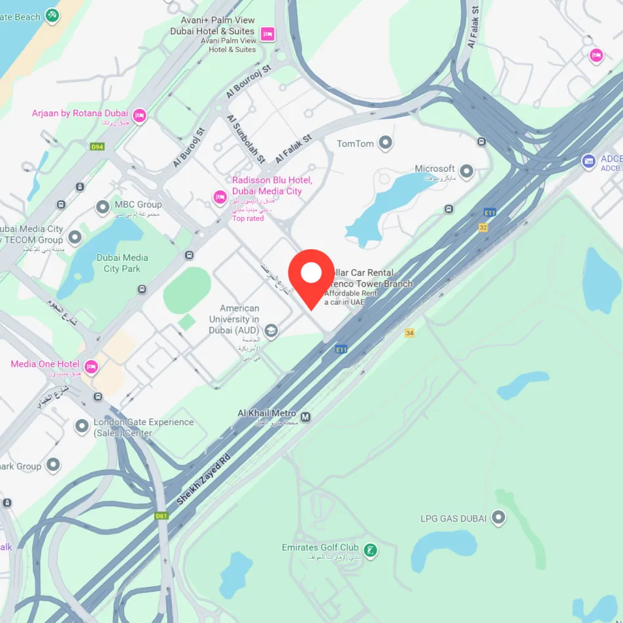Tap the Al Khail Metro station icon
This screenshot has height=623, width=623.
pyautogui.click(x=306, y=416)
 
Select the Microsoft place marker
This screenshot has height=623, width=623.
pyautogui.click(x=466, y=172)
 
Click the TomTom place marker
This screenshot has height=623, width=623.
pyautogui.click(x=386, y=142)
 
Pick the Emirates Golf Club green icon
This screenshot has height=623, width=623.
pyautogui.click(x=371, y=550)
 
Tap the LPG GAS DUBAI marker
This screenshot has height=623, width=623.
pyautogui.click(x=499, y=518)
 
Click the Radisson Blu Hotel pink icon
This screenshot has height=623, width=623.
pyautogui.click(x=220, y=197)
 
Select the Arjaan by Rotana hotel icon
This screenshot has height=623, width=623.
pyautogui.click(x=139, y=116)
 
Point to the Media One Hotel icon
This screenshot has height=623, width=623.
pyautogui.click(x=91, y=367)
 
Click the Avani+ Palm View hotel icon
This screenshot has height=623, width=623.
pyautogui.click(x=267, y=34)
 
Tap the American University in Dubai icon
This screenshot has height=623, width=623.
pyautogui.click(x=271, y=331)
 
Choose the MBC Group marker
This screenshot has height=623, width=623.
pyautogui.click(x=103, y=208)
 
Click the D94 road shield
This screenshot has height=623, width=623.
pyautogui.click(x=98, y=146)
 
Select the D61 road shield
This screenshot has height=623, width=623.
pyautogui.click(x=161, y=516)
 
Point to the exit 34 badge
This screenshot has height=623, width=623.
pyautogui.click(x=410, y=333)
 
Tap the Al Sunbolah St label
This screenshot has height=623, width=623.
pyautogui.click(x=246, y=138)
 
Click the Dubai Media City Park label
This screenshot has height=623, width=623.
pyautogui.click(x=122, y=263)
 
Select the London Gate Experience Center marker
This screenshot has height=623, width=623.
pyautogui.click(x=82, y=427)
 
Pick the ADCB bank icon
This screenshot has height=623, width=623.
pyautogui.click(x=589, y=161)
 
